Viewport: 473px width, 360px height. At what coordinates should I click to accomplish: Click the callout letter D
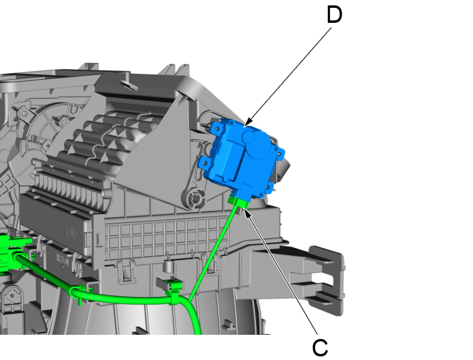pos(334,14)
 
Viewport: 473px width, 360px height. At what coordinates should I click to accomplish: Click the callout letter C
pos(320,347)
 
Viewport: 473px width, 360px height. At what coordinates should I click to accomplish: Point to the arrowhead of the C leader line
pos(247,212)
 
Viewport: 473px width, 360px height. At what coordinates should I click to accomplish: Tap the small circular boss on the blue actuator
pos(249,137)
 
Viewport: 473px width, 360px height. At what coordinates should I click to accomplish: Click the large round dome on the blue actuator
pos(259,144)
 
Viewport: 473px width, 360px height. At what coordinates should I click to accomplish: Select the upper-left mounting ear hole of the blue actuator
pos(217,129)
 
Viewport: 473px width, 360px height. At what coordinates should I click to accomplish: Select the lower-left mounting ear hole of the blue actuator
pos(205,163)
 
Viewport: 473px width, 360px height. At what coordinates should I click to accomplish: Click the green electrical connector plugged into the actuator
pos(238,202)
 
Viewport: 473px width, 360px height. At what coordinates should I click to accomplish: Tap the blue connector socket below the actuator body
pos(246,192)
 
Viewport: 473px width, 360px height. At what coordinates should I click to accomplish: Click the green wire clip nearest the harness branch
pos(173,290)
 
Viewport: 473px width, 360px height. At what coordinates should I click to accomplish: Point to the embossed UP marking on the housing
pos(72,232)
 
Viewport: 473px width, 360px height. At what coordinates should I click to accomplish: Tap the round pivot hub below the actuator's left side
pos(193,198)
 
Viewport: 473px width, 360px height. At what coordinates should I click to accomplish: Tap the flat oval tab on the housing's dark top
pos(129,85)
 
